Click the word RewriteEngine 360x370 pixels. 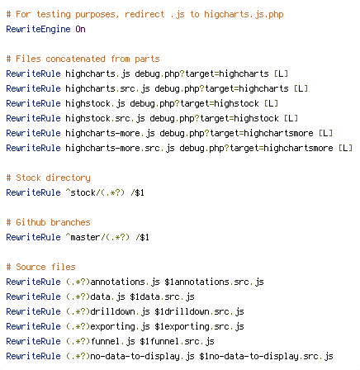[x=38, y=29]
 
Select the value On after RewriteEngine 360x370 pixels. [x=80, y=29]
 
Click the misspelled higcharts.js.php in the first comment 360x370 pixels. [x=244, y=14]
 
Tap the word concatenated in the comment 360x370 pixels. [x=75, y=59]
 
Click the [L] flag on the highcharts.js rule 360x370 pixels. [x=281, y=74]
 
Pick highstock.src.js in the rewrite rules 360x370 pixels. [x=105, y=118]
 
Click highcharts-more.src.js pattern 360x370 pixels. [x=120, y=148]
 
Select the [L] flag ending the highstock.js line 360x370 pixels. [x=271, y=103]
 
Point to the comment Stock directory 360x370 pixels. [x=48, y=178]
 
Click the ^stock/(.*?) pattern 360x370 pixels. [x=95, y=192]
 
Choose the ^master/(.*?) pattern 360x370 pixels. [x=97, y=237]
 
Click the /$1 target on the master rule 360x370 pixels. [x=142, y=237]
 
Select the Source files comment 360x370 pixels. [x=40, y=267]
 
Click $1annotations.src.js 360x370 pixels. [x=214, y=282]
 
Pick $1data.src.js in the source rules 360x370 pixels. [x=162, y=296]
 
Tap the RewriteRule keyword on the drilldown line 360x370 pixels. [x=33, y=311]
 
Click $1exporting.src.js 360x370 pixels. [x=199, y=326]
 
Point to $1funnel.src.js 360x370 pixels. [x=177, y=341]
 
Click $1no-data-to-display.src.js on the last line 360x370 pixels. [x=266, y=356]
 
